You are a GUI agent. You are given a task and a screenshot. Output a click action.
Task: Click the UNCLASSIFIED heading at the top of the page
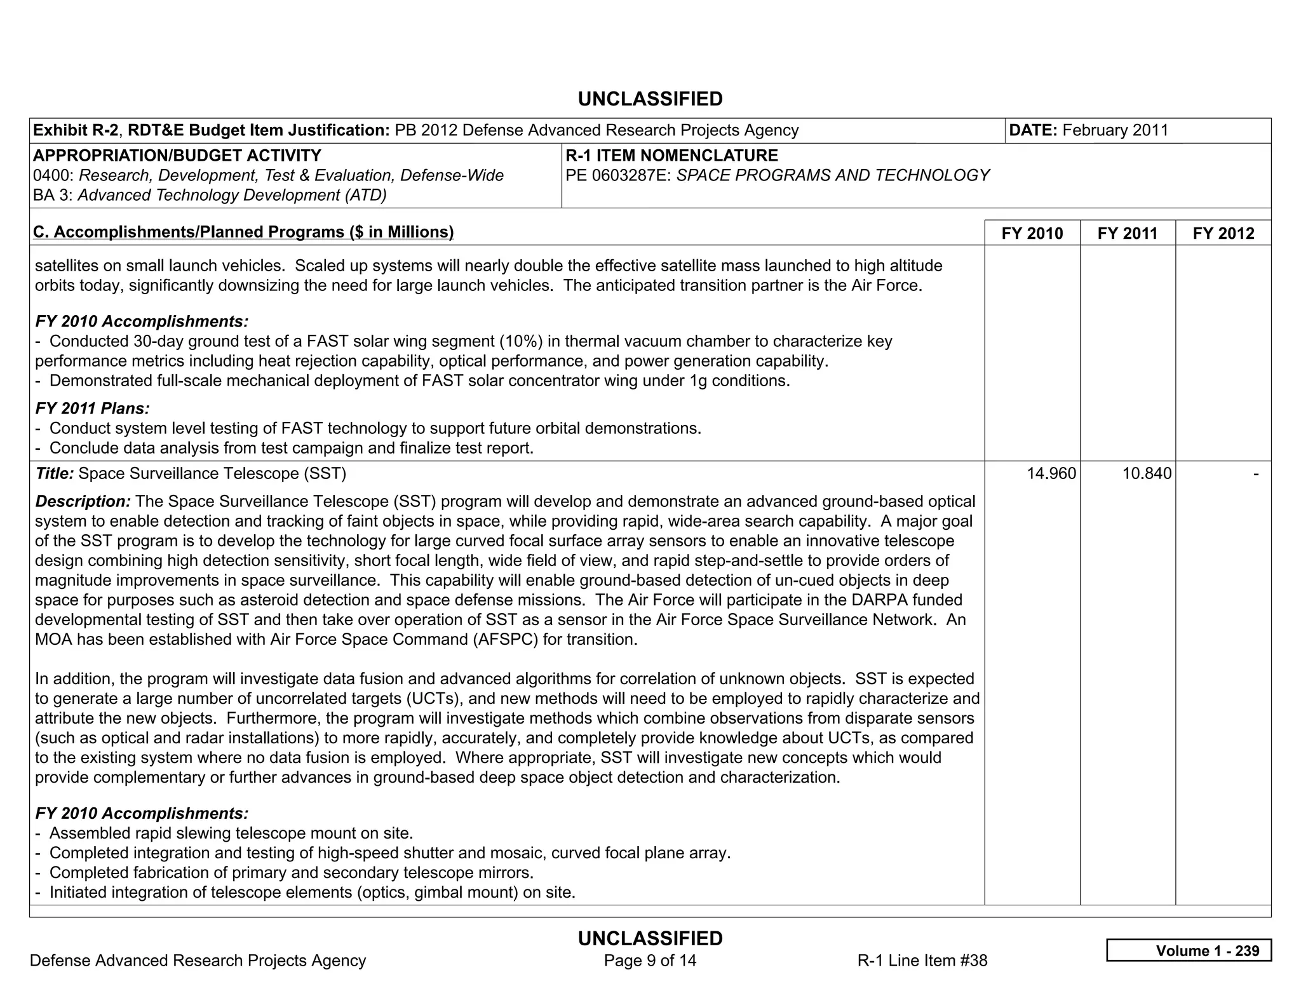pos(650,99)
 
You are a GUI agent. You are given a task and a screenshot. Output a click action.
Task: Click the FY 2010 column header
pos(1032,233)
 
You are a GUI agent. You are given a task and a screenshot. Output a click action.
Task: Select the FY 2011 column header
pos(1127,233)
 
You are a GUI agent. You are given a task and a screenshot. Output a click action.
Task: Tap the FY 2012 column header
pos(1223,233)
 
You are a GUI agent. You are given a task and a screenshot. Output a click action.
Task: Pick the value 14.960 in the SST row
pos(1051,473)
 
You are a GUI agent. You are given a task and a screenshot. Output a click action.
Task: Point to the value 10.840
pos(1147,473)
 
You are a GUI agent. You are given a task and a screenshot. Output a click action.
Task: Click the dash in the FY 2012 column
pos(1255,473)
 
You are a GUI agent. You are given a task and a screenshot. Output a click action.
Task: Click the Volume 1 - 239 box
pos(1189,950)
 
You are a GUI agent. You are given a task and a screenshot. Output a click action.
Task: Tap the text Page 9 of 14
pos(650,961)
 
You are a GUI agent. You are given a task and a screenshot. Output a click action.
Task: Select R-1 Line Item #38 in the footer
pos(922,961)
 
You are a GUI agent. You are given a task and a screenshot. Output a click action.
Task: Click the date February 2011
pos(1115,130)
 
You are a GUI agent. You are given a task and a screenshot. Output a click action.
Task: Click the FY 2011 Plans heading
pos(92,408)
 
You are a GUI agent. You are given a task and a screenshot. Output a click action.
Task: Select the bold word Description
pos(83,501)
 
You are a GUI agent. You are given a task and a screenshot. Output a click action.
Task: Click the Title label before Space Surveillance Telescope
pos(55,473)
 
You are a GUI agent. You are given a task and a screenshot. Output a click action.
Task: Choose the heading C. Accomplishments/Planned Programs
pos(243,232)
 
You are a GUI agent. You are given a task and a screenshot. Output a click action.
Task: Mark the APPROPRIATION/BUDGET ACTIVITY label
pos(177,156)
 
